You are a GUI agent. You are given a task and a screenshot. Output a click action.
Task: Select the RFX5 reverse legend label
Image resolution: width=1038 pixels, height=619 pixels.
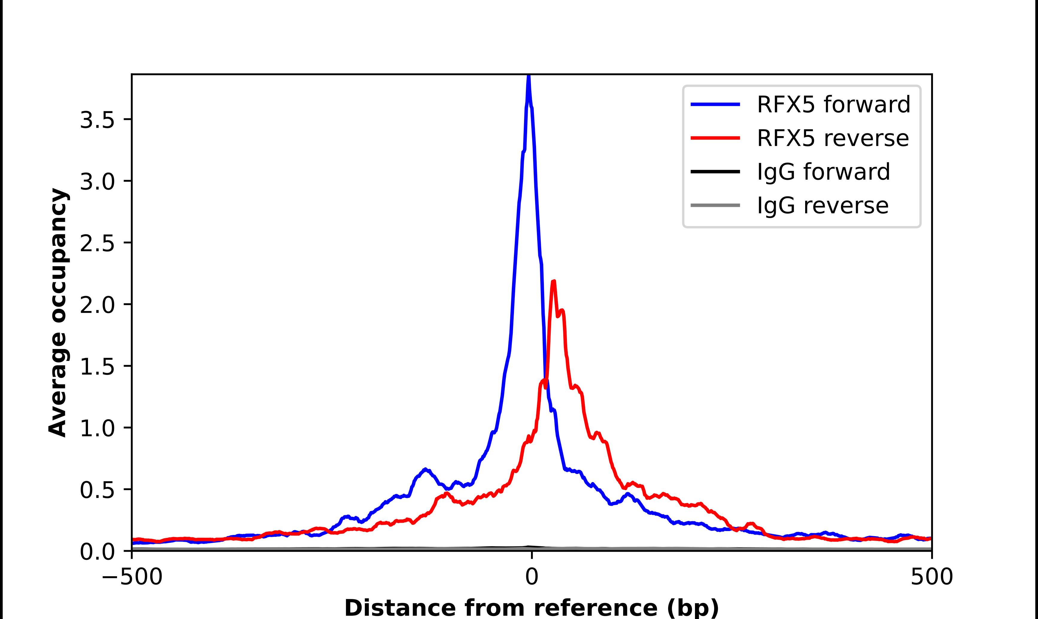(x=833, y=138)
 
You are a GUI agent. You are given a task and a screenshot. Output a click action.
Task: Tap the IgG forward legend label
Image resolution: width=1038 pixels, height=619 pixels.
(x=823, y=172)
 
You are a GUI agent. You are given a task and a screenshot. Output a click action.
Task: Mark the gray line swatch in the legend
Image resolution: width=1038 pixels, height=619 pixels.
(x=715, y=205)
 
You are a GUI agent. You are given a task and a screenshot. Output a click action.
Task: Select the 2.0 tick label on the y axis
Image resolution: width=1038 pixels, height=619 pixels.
(x=97, y=305)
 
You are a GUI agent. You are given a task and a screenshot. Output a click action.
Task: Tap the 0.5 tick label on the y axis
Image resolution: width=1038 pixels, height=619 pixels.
(x=97, y=490)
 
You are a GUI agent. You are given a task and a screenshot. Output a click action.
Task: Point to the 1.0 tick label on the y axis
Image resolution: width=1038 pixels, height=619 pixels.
(x=97, y=429)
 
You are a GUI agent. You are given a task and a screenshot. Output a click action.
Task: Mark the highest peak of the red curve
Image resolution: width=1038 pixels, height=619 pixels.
(x=554, y=282)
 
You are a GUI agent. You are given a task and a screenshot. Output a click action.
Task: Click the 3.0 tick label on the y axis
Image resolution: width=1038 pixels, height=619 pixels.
(x=97, y=182)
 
